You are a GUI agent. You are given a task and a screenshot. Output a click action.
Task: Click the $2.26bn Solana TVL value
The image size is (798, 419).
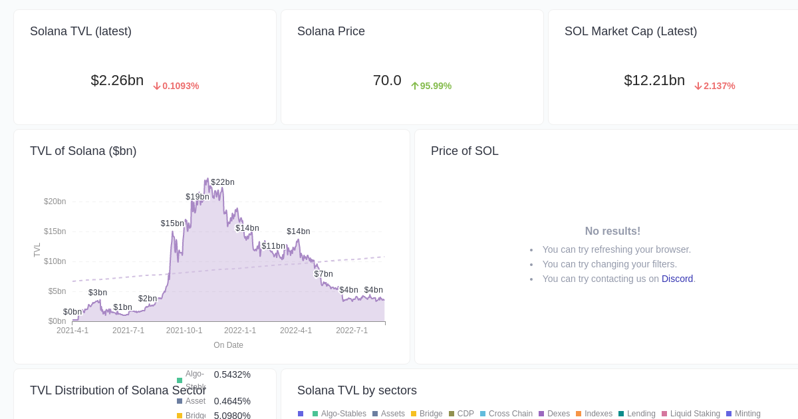[x=117, y=80]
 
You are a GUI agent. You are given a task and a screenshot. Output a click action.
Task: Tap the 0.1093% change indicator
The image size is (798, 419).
[x=176, y=86]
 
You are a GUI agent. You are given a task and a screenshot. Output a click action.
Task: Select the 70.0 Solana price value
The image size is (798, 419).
[x=387, y=80]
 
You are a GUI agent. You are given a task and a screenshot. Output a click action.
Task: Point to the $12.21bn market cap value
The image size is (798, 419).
[x=654, y=80]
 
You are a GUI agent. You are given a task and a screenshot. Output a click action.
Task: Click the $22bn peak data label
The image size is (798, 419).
[x=223, y=182]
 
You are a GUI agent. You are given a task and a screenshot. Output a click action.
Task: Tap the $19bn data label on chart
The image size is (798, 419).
[x=198, y=197]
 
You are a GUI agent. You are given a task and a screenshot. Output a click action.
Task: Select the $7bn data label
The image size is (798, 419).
[x=324, y=274]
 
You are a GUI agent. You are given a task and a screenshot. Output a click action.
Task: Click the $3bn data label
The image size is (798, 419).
[x=98, y=293]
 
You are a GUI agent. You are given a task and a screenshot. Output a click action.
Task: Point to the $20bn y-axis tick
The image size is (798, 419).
[x=55, y=202]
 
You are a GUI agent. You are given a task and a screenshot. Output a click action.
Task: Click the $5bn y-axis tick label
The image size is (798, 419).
[x=57, y=291]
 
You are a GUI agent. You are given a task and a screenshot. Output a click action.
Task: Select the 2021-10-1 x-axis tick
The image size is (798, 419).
[x=184, y=331]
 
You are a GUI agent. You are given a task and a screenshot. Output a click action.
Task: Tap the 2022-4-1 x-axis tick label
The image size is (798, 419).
[x=296, y=331]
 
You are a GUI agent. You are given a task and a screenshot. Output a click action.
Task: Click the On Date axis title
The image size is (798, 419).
[x=228, y=345]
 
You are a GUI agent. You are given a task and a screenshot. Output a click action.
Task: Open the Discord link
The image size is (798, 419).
[x=677, y=279]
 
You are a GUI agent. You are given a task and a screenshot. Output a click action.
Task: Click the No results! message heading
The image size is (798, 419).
[x=612, y=231]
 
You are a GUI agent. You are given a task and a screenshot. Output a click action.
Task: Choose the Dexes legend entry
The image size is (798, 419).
[x=558, y=414]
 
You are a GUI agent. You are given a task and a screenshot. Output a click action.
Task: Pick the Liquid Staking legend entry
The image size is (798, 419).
[x=694, y=414]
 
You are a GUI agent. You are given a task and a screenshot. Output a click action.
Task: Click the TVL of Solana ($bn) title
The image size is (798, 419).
[x=83, y=151]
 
